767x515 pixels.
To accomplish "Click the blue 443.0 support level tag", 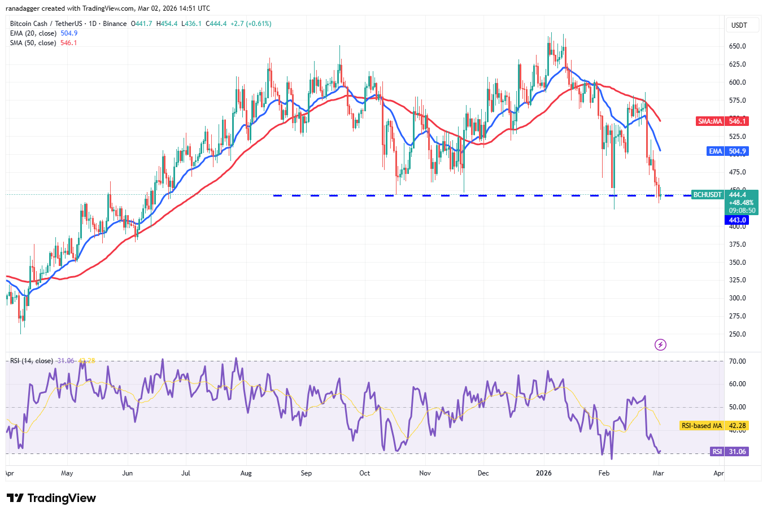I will [737, 220].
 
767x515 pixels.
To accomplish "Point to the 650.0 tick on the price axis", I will [737, 46].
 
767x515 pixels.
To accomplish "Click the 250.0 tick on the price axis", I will [737, 334].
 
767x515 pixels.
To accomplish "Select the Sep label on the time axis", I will [306, 473].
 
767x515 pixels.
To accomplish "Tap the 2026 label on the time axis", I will [543, 473].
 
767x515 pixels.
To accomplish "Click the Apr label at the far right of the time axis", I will [718, 473].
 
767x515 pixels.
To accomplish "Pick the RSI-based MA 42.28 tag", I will [714, 426].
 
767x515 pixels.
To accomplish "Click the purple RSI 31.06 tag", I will [729, 452].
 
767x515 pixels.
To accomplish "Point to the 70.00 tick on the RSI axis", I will [737, 361].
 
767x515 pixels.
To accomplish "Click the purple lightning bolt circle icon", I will [660, 344].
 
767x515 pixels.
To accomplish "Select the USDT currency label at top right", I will [739, 25].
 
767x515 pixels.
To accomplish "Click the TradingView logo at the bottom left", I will [51, 498].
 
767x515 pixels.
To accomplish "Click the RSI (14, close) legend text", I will [32, 361].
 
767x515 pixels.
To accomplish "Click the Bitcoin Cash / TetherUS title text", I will [46, 24].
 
